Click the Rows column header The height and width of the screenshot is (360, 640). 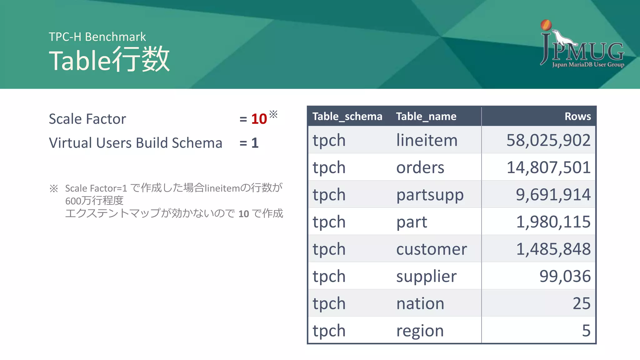[x=577, y=117]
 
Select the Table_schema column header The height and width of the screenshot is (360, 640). [x=347, y=117]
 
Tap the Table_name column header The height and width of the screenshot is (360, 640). [x=426, y=117]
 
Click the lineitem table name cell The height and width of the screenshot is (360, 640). [x=427, y=140]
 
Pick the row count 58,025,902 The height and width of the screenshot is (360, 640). [x=548, y=140]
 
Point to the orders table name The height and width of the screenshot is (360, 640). [x=420, y=167]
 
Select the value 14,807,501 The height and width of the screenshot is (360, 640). [x=548, y=167]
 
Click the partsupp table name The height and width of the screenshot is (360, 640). [x=430, y=195]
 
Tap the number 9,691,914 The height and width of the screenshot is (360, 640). [x=553, y=194]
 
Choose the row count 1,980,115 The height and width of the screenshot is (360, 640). [x=553, y=222]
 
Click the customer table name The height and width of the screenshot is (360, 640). [x=432, y=249]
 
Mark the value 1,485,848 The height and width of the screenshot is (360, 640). [x=553, y=249]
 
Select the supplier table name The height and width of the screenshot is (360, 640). [x=426, y=277]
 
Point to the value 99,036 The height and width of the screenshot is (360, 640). [x=565, y=276]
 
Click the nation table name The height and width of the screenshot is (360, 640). [x=420, y=303]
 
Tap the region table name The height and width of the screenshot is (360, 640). [x=420, y=331]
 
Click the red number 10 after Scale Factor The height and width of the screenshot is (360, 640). [x=259, y=119]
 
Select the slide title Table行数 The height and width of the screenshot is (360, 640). [x=109, y=59]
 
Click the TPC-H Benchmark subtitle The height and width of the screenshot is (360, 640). [x=97, y=37]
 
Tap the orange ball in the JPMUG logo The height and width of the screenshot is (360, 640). [x=546, y=25]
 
